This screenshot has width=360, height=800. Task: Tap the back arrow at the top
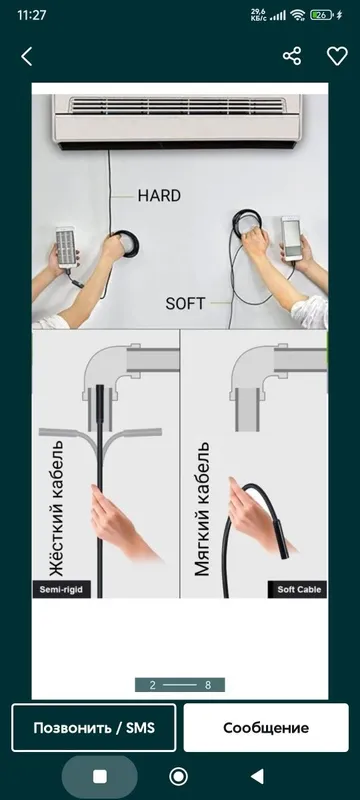click(27, 56)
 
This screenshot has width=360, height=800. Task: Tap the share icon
click(292, 56)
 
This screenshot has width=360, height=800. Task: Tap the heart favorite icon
click(337, 56)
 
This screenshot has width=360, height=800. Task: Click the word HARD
click(159, 195)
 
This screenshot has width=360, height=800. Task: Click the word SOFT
click(185, 304)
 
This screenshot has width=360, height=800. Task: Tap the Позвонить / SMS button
click(94, 728)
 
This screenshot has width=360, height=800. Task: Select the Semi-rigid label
click(61, 590)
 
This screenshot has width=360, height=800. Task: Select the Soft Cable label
click(298, 590)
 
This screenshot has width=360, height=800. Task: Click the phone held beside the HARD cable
click(66, 247)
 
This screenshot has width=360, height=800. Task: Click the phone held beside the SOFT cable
click(291, 238)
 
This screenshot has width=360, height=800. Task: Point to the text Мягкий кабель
click(202, 509)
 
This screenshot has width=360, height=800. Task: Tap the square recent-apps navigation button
click(100, 777)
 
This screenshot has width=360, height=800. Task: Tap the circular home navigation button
click(178, 777)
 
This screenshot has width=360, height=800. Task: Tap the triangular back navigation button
click(258, 777)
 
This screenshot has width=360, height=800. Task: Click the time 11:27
click(32, 15)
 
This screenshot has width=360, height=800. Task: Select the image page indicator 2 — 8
click(180, 685)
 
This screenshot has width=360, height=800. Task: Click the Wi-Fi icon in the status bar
click(297, 15)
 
